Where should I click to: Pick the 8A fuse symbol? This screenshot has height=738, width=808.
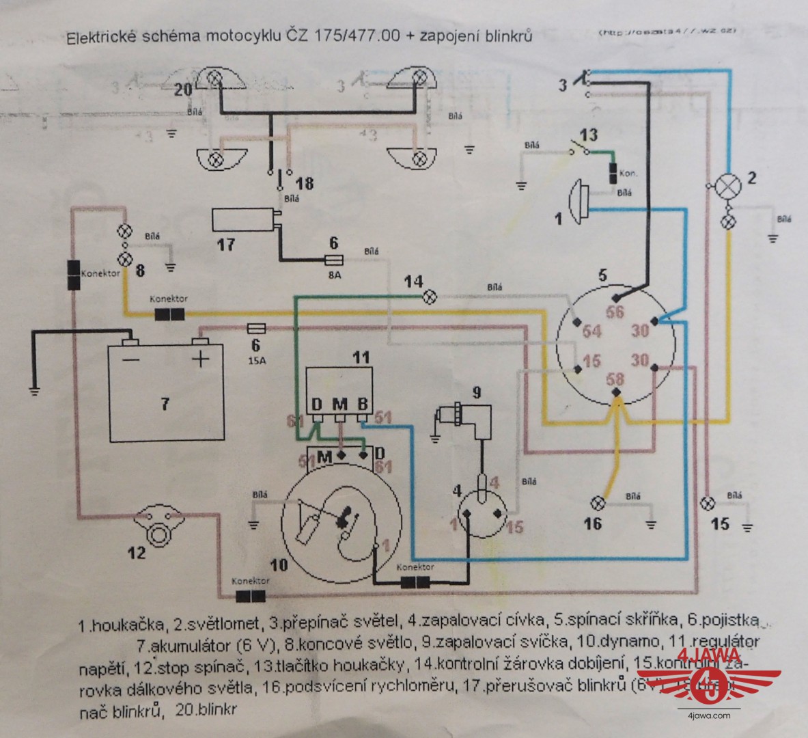[x=334, y=260]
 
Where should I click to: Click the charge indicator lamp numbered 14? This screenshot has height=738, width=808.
[x=431, y=297]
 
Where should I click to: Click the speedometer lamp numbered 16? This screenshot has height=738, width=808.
[x=598, y=504]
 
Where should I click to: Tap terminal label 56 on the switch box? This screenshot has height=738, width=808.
[x=616, y=312]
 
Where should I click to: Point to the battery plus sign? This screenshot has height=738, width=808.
[x=200, y=359]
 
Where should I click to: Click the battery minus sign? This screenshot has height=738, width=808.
[x=131, y=359]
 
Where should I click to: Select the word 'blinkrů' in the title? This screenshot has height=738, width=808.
[x=507, y=36]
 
